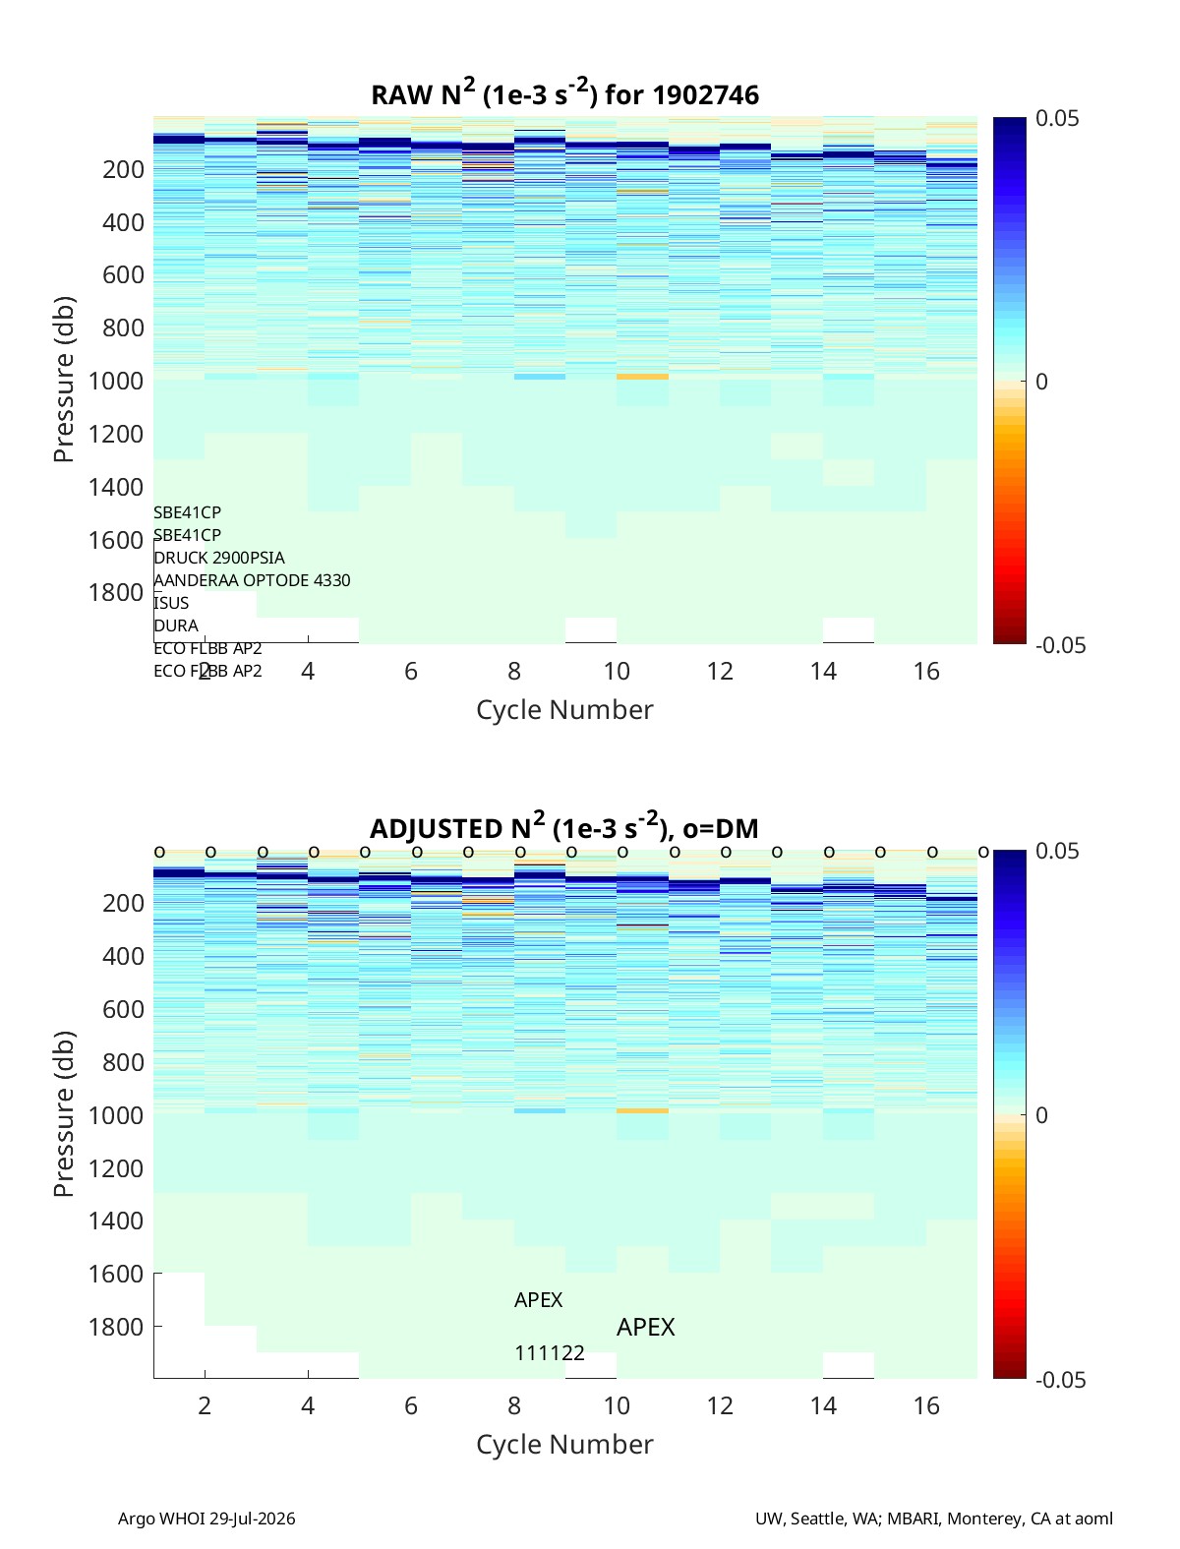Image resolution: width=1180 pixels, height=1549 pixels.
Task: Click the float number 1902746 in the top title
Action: coord(705,95)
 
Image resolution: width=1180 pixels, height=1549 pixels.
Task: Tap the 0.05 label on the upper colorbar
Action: coord(1056,118)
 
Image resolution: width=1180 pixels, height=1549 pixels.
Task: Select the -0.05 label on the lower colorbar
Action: coord(1061,1379)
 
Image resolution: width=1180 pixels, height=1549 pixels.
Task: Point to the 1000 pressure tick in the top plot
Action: coord(116,381)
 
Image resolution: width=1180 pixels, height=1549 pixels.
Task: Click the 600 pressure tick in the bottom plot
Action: coord(124,1009)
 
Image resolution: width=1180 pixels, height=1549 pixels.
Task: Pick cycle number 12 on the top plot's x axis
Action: coord(720,671)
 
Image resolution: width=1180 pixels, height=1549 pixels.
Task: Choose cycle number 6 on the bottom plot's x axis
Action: coord(410,1405)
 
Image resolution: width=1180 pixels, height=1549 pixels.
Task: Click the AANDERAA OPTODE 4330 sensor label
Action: coord(252,580)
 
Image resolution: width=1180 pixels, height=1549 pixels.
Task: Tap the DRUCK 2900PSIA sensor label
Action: coord(219,558)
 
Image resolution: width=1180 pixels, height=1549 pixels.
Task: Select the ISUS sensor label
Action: coord(171,603)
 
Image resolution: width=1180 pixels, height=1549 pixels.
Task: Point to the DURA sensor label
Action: coord(176,626)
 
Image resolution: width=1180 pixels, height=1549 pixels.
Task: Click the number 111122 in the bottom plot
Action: coord(550,1353)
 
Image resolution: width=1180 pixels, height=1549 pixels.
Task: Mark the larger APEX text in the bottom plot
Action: coord(645,1328)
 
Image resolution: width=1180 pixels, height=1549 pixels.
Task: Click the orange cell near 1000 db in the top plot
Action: coord(642,377)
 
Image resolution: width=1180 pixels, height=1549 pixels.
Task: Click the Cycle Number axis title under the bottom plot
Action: coord(565,1445)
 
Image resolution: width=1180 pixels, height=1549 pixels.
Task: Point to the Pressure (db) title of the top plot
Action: coord(64,380)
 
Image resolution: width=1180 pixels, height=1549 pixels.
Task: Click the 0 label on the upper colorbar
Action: coord(1041,382)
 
